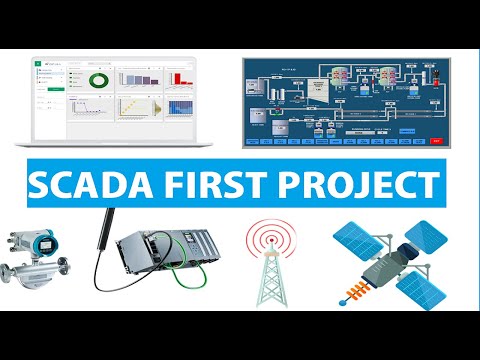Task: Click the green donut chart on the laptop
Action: [x=98, y=79]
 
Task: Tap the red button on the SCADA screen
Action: [x=436, y=141]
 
